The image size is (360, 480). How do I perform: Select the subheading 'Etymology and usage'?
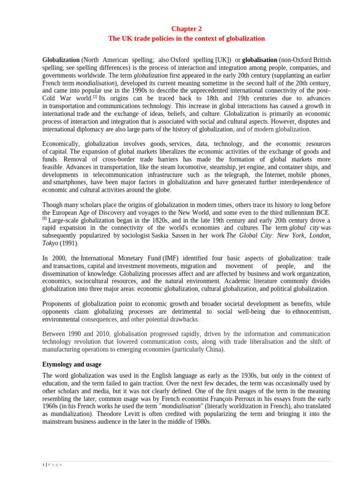pyautogui.click(x=72, y=364)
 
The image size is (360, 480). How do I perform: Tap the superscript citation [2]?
pyautogui.click(x=95, y=97)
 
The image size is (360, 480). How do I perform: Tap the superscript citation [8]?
pyautogui.click(x=45, y=218)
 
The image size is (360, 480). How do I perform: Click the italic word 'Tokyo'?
pyautogui.click(x=50, y=243)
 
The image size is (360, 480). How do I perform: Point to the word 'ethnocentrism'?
pyautogui.click(x=311, y=312)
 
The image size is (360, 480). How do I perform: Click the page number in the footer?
pyautogui.click(x=44, y=465)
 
